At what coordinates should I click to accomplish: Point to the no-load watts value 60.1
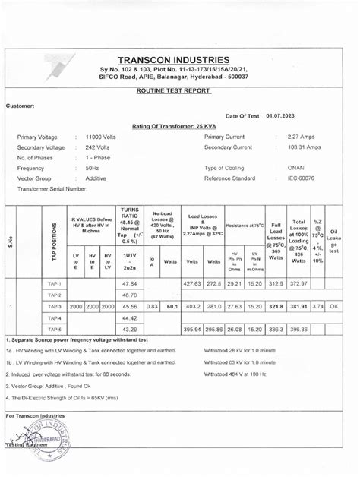tap(172, 306)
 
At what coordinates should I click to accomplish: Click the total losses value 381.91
tap(298, 306)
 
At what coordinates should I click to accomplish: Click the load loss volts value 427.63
tap(192, 283)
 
